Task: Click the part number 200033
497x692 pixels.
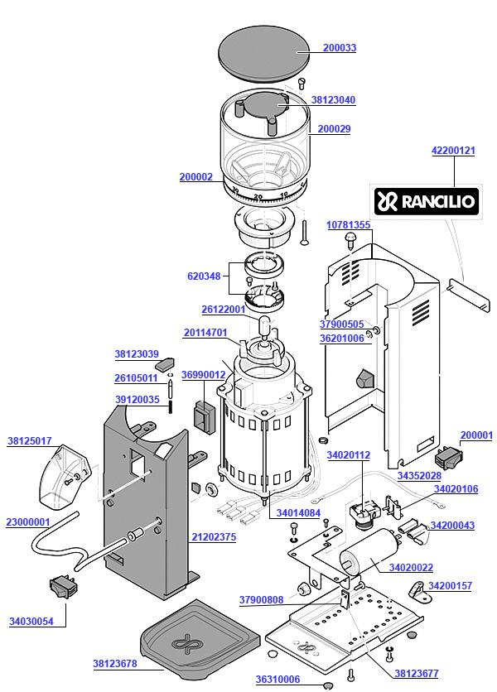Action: coord(340,48)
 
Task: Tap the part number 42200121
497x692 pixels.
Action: coord(453,151)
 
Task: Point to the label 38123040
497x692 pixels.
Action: coord(333,100)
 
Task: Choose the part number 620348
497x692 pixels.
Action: coord(204,276)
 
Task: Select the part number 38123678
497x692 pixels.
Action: coord(114,663)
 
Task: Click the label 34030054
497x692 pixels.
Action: coord(31,621)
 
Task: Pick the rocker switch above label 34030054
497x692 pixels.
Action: coord(64,587)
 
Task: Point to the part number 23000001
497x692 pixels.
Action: coord(27,522)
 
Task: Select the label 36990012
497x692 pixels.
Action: coord(203,375)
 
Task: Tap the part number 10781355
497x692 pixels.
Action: coord(348,225)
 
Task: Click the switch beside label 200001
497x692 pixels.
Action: coord(448,454)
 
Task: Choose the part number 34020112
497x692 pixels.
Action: coord(348,455)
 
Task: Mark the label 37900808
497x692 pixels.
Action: coord(261,600)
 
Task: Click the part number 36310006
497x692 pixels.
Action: coord(277,680)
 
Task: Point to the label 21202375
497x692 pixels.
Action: coord(214,537)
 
